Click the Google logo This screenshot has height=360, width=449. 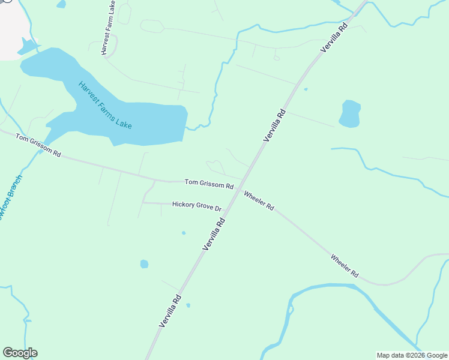tap(20, 353)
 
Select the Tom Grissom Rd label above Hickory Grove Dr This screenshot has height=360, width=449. tap(208, 184)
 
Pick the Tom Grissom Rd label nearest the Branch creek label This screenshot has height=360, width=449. tap(38, 145)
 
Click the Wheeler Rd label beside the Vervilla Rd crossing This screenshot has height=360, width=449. tap(259, 200)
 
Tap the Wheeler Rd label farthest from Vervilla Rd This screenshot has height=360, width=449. tap(345, 265)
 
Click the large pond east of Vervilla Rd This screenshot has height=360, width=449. tap(349, 113)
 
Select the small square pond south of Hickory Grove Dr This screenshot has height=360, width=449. tap(144, 264)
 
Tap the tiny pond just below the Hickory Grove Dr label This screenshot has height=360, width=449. tap(183, 233)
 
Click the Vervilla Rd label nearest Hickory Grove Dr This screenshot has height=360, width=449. tap(214, 234)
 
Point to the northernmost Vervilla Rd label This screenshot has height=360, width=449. tap(334, 37)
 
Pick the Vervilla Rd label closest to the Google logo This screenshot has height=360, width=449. tap(170, 310)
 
